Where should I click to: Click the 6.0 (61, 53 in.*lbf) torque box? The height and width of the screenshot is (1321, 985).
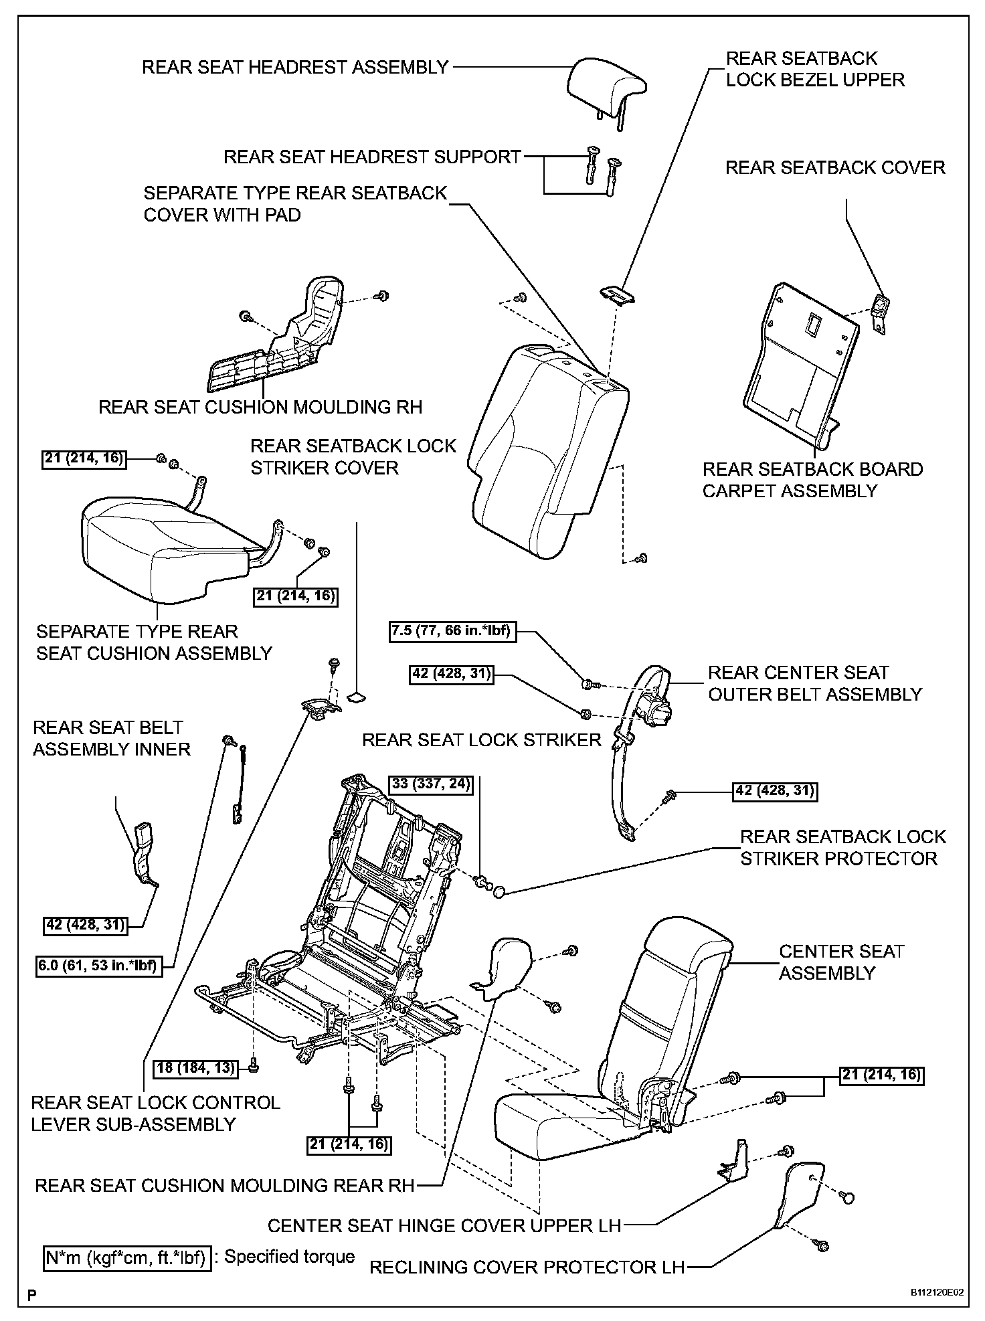click(x=100, y=966)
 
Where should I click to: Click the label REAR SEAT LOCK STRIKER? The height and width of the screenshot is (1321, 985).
click(x=481, y=739)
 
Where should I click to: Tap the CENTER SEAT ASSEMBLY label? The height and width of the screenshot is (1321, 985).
click(x=841, y=962)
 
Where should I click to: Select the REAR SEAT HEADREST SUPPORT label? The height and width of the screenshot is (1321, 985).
click(x=372, y=157)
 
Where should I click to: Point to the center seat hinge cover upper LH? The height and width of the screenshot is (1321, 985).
click(x=735, y=1162)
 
